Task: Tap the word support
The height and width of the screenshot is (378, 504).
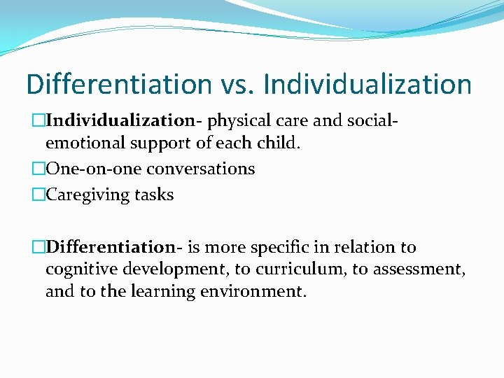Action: [x=152, y=143]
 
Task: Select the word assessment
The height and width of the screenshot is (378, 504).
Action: [x=406, y=269]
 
